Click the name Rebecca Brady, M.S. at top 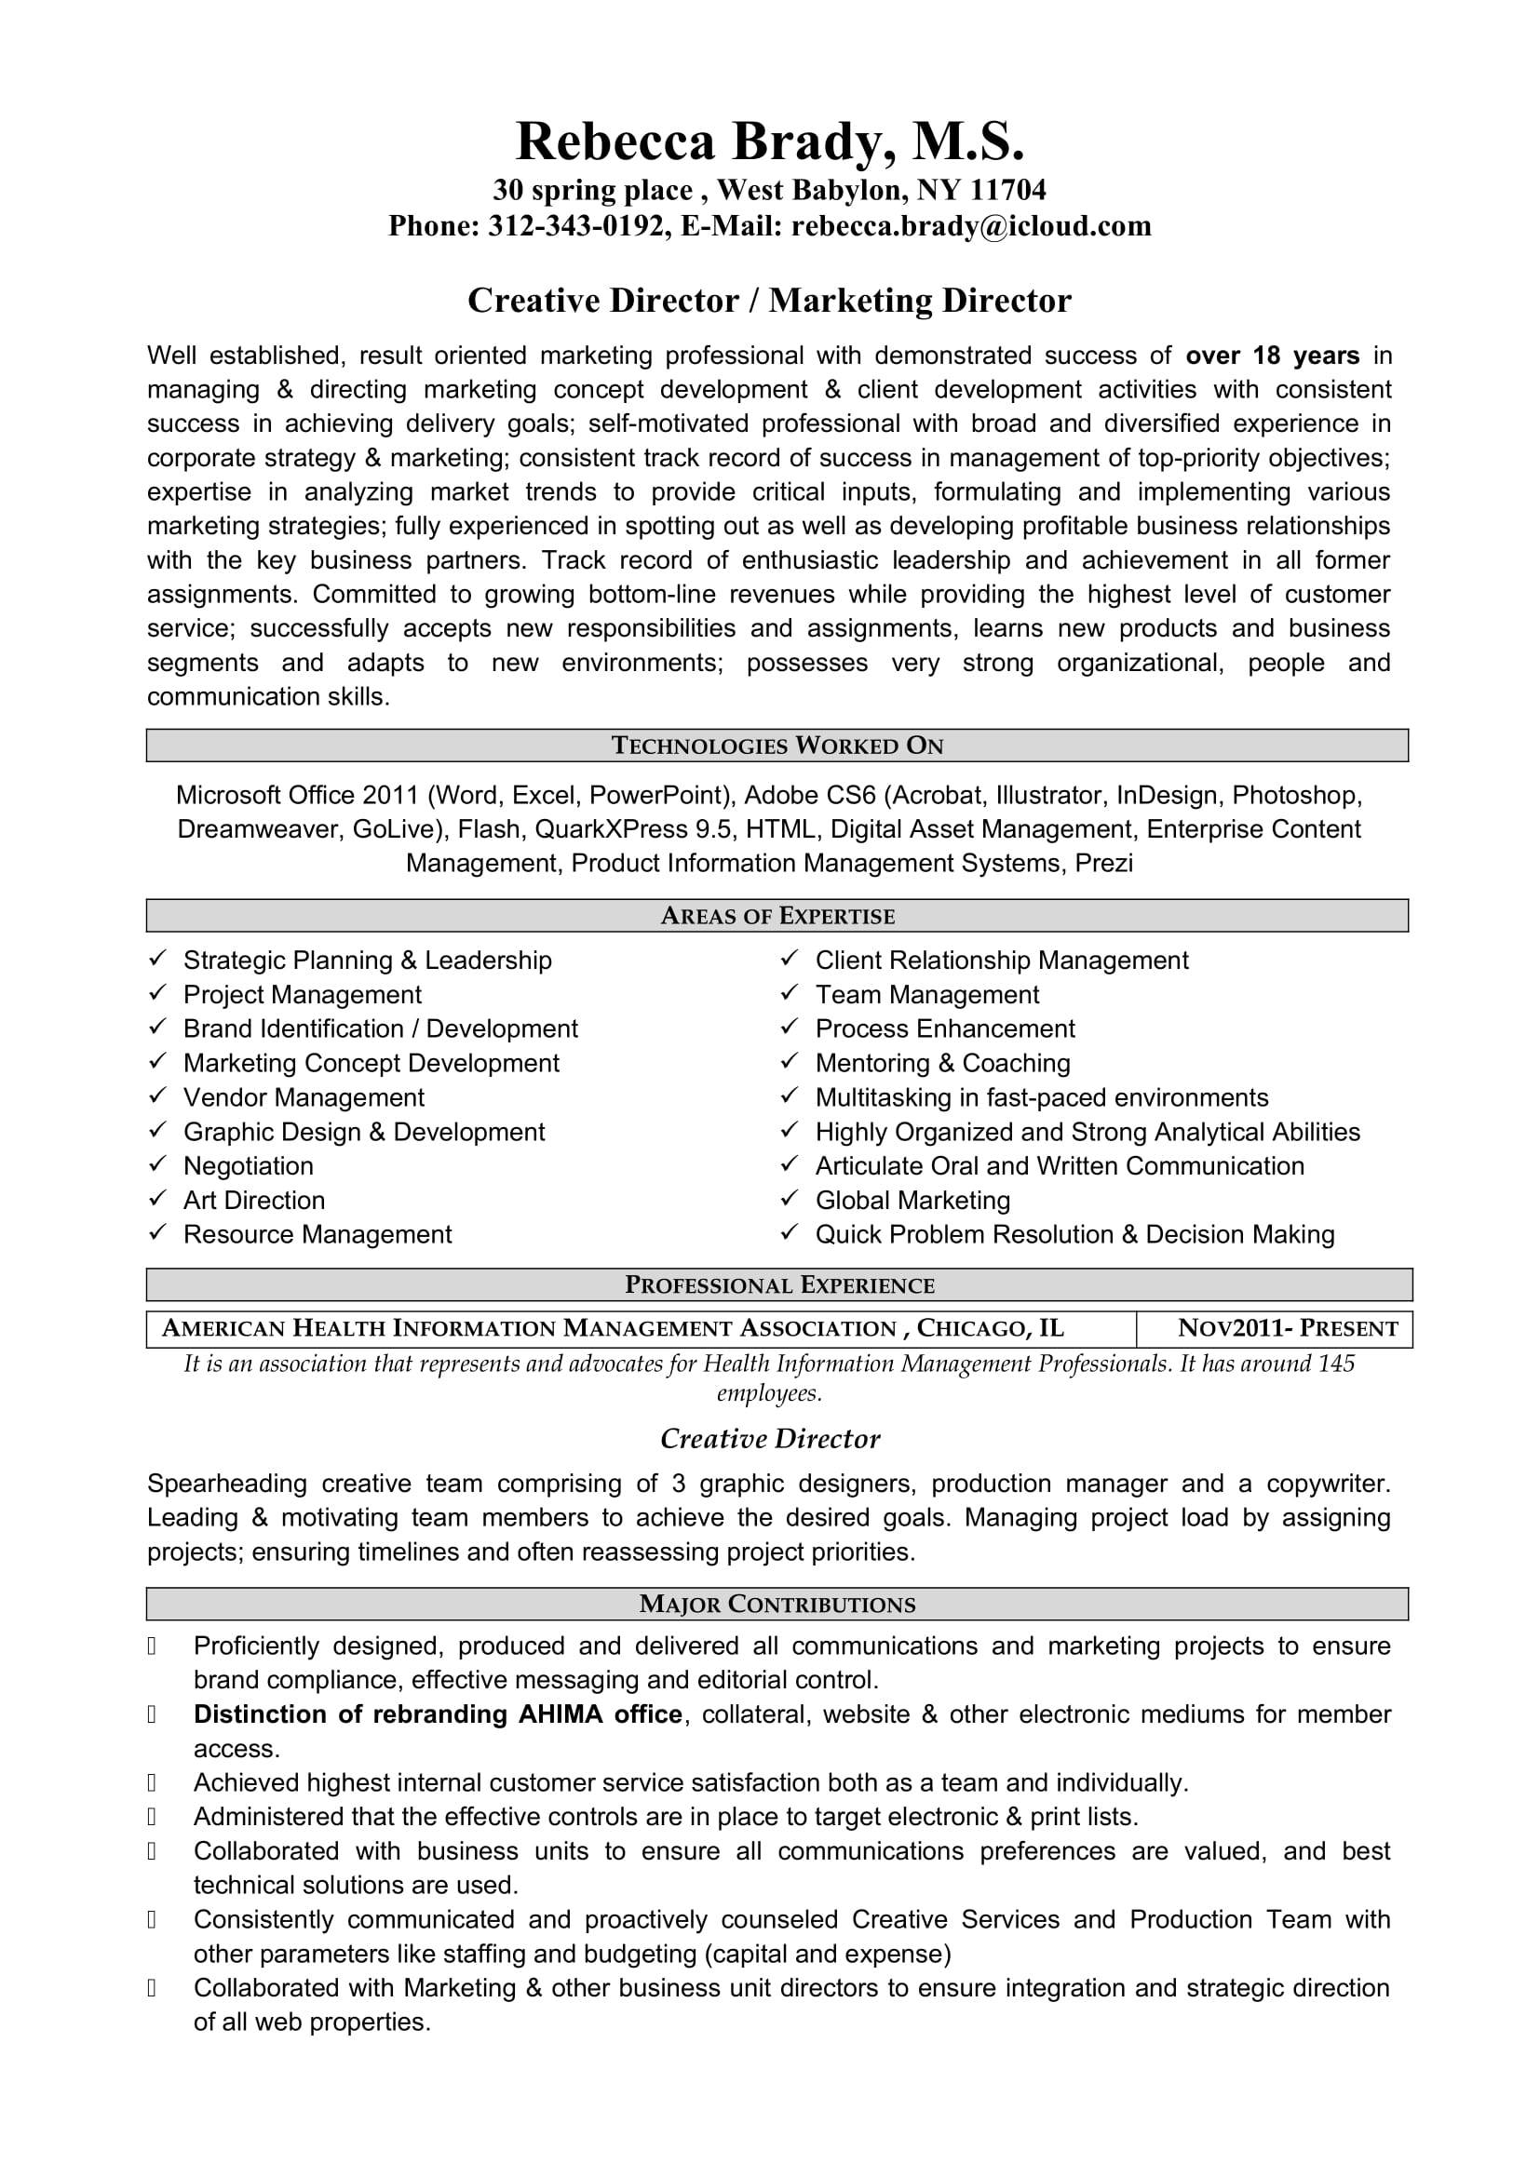(x=769, y=142)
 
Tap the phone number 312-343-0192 (x=575, y=226)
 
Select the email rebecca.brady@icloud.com (x=971, y=226)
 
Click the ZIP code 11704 (x=1008, y=191)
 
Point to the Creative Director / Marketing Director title (x=769, y=301)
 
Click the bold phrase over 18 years (x=1272, y=356)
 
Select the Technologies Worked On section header (x=777, y=746)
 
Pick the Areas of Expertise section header (x=777, y=916)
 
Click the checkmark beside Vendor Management (x=157, y=1096)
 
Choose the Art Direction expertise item (x=254, y=1201)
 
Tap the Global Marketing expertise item (x=912, y=1201)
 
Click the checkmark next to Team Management (x=789, y=994)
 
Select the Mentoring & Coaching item (x=942, y=1063)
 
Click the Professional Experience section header (x=778, y=1284)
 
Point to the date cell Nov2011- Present (x=1287, y=1328)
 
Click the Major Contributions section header (x=777, y=1605)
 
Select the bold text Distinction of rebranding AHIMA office (x=438, y=1714)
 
